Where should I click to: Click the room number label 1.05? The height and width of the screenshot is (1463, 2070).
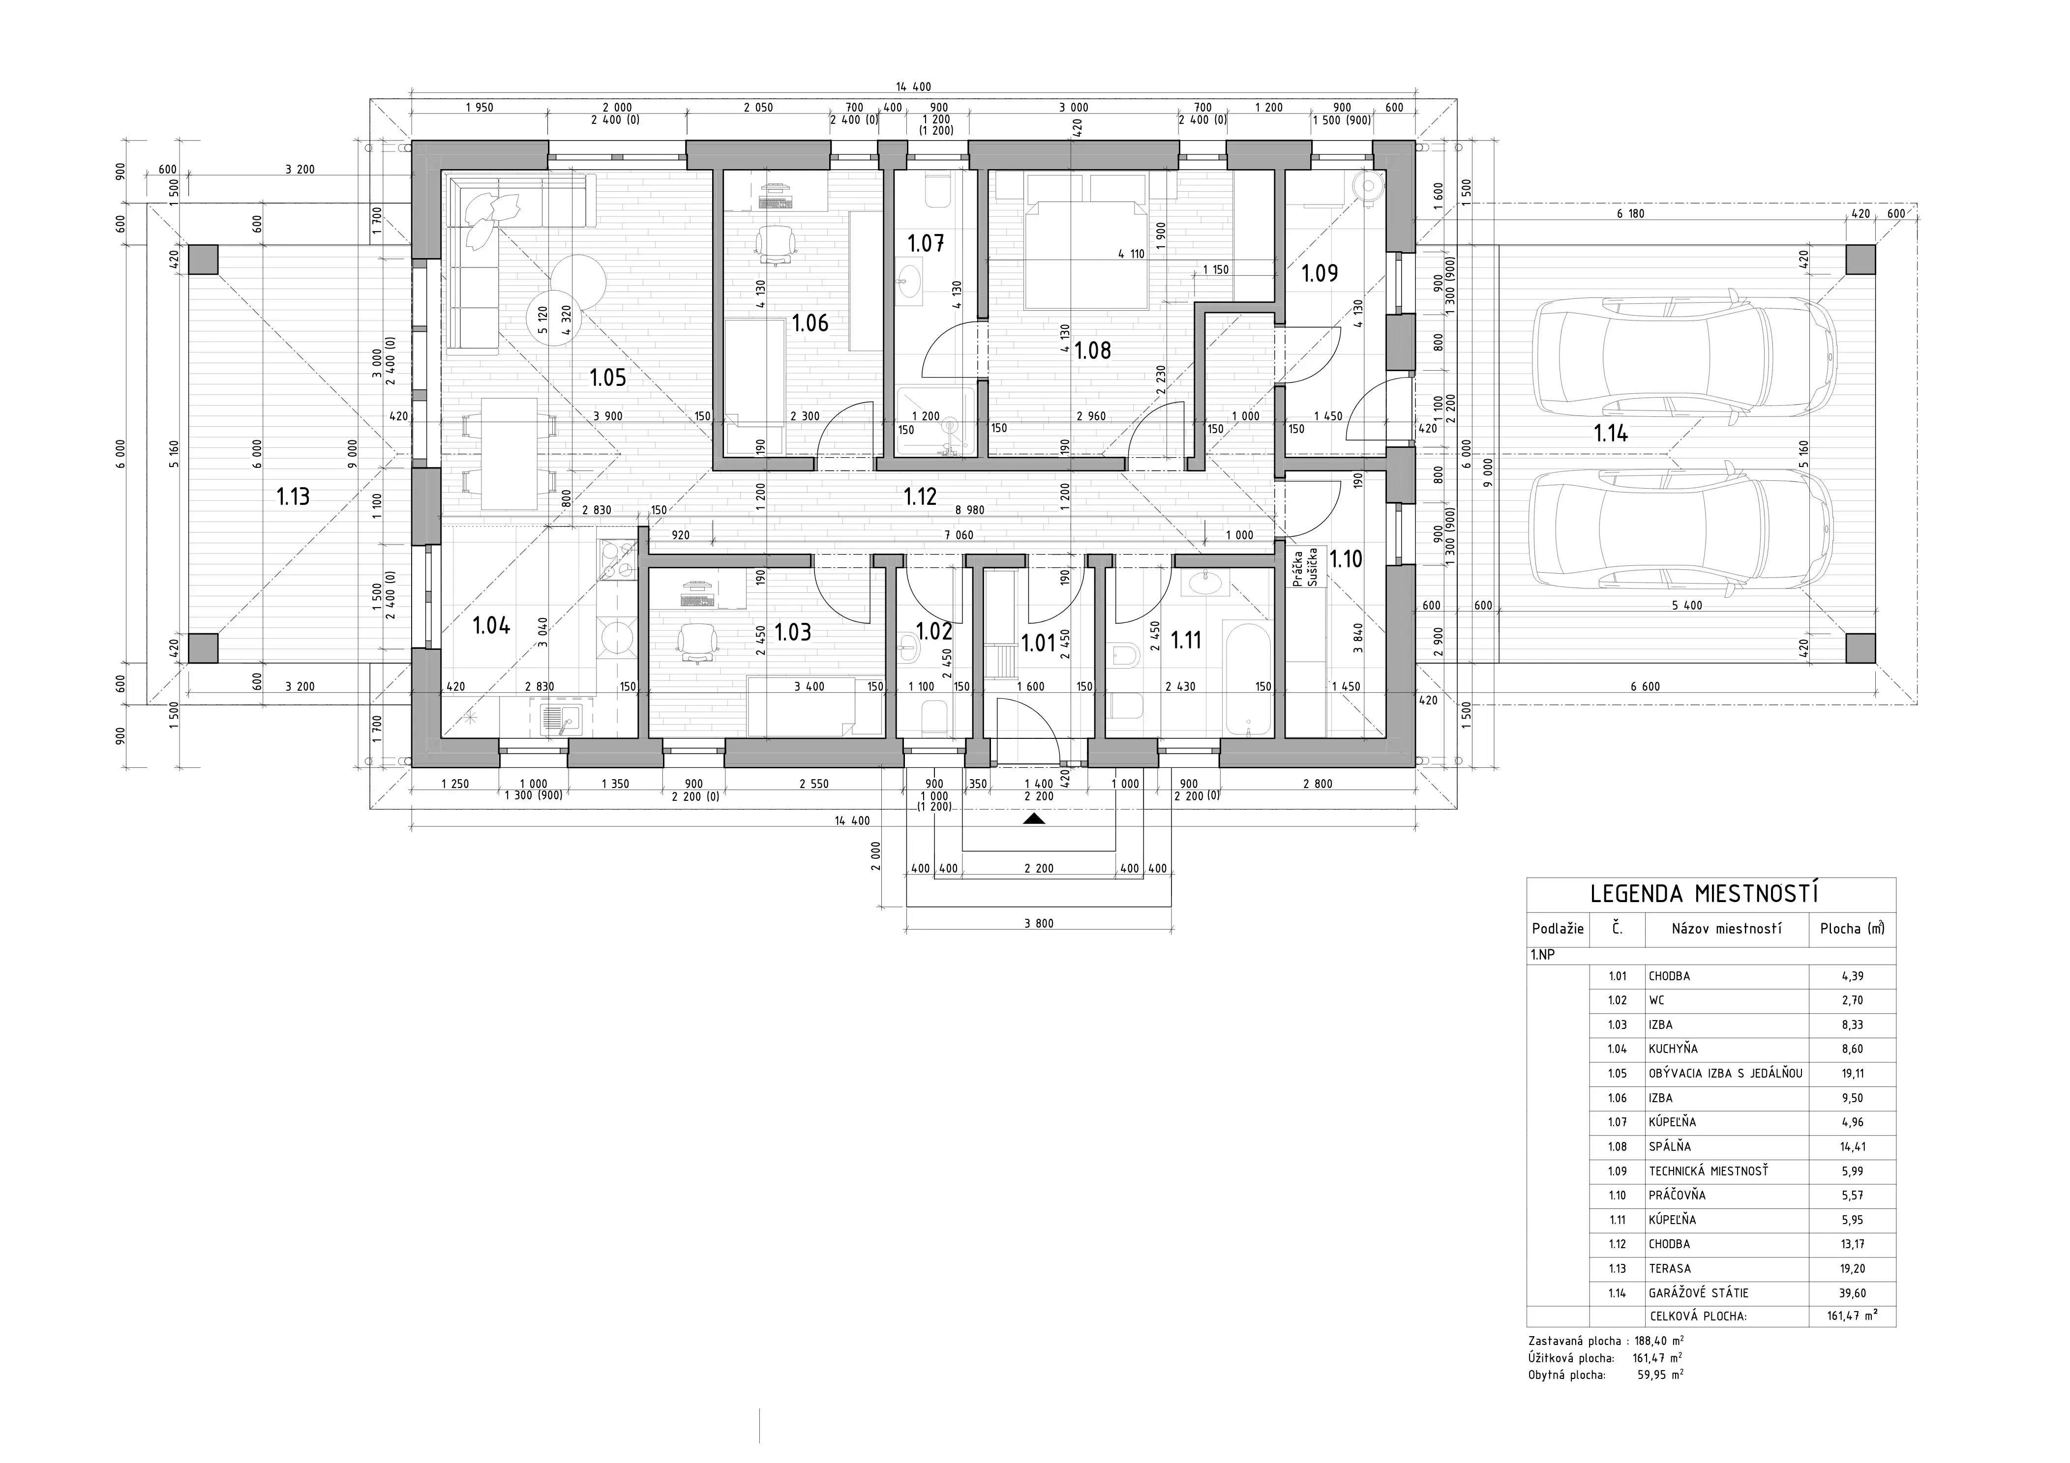608,378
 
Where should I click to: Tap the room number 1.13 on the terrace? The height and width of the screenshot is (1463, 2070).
293,497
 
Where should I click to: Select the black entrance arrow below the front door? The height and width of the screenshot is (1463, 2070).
1034,819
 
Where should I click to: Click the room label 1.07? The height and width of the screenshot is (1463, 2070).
926,243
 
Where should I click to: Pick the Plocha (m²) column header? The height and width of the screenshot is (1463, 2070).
1852,929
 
